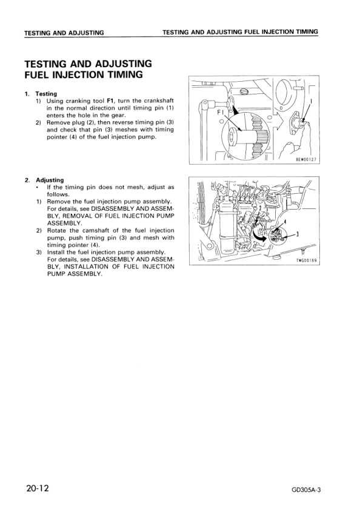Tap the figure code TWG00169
[x=307, y=260]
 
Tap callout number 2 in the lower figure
[x=260, y=208]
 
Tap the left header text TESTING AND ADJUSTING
[x=64, y=32]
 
